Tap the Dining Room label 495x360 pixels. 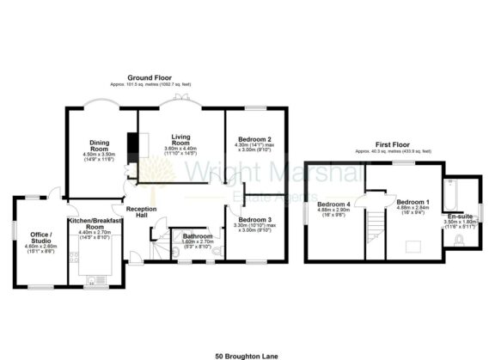(98, 146)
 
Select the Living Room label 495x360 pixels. (180, 137)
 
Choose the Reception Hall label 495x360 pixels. (141, 213)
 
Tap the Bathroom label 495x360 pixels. (197, 235)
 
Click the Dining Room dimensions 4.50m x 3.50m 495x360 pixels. (98, 156)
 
